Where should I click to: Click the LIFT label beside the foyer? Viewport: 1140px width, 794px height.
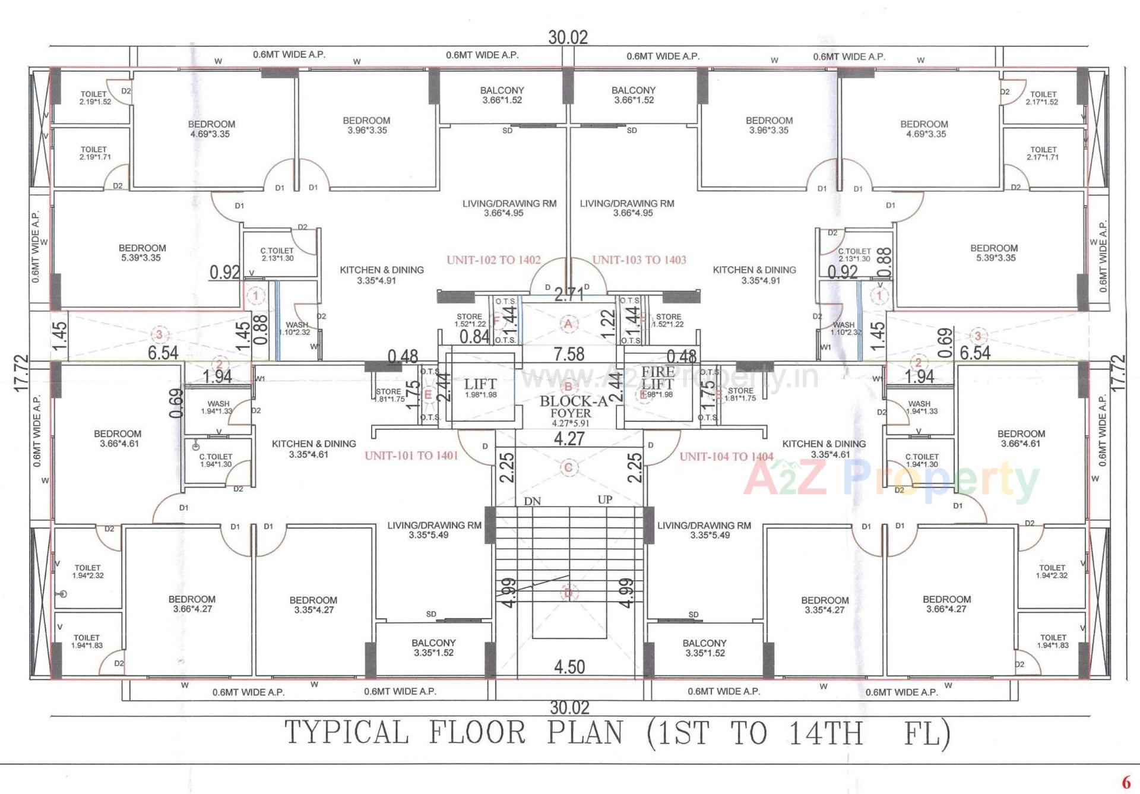(x=480, y=384)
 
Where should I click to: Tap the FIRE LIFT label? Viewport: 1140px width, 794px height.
(x=658, y=378)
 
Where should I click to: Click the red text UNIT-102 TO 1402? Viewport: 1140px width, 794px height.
(x=493, y=260)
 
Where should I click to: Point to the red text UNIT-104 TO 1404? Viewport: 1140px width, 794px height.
(x=726, y=457)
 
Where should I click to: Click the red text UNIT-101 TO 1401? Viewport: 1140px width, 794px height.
(x=411, y=456)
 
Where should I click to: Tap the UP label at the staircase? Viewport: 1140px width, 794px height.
(x=604, y=499)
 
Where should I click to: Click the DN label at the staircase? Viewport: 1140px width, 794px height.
(x=532, y=501)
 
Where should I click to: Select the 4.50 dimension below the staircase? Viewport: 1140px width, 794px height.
(x=569, y=667)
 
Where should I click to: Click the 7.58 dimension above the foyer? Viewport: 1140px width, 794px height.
(x=569, y=355)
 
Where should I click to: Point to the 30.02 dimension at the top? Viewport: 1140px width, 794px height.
(x=568, y=37)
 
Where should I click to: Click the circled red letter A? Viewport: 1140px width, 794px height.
(x=568, y=324)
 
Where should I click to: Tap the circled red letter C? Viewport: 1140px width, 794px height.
(x=568, y=468)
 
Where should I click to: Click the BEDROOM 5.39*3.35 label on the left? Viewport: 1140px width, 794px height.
(x=142, y=253)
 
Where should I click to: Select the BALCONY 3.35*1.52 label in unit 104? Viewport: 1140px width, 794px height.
(x=704, y=648)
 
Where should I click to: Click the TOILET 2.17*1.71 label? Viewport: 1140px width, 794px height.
(x=1043, y=153)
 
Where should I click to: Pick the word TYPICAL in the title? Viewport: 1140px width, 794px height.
(x=347, y=732)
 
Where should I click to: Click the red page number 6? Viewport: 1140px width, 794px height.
(x=1125, y=782)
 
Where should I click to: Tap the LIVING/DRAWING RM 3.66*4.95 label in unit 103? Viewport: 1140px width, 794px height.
(x=627, y=208)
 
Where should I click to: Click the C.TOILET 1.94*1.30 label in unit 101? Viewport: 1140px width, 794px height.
(x=216, y=460)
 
